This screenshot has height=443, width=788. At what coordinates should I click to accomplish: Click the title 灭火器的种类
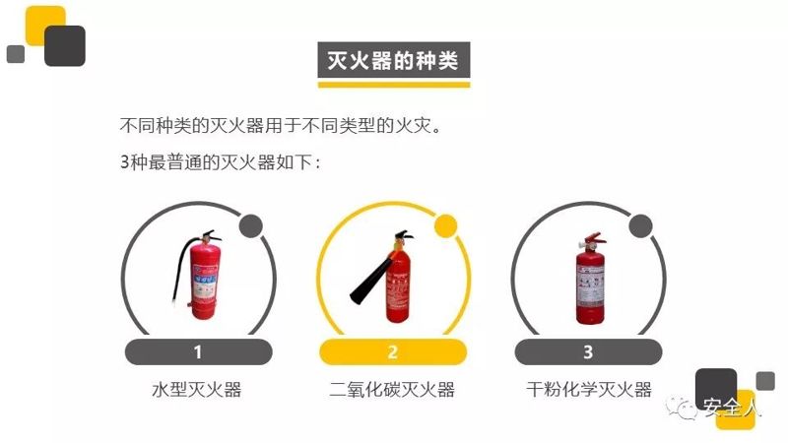[393, 61]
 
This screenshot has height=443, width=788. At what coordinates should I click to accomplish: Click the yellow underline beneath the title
[393, 85]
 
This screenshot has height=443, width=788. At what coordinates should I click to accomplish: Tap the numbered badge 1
[198, 351]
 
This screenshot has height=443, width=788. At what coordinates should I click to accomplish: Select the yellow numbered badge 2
[393, 351]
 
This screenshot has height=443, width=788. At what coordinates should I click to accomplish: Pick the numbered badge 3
[588, 351]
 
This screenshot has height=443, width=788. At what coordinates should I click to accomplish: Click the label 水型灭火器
[196, 389]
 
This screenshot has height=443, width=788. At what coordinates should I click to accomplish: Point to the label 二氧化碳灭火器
[392, 389]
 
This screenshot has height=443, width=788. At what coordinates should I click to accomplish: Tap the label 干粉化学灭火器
[588, 389]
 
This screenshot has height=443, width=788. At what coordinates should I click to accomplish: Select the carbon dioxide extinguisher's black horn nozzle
[372, 281]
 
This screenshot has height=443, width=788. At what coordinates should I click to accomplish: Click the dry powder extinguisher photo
[590, 279]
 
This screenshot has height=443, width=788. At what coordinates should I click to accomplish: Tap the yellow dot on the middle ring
[445, 226]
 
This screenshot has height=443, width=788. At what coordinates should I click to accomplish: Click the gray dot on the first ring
[251, 226]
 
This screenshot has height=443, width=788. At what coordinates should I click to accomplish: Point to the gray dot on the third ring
[641, 226]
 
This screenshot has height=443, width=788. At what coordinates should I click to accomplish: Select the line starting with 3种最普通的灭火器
[220, 162]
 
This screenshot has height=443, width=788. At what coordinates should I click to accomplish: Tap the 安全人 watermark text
[731, 408]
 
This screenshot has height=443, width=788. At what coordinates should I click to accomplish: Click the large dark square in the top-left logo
[65, 45]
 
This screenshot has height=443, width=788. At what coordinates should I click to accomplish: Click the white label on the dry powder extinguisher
[590, 285]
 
